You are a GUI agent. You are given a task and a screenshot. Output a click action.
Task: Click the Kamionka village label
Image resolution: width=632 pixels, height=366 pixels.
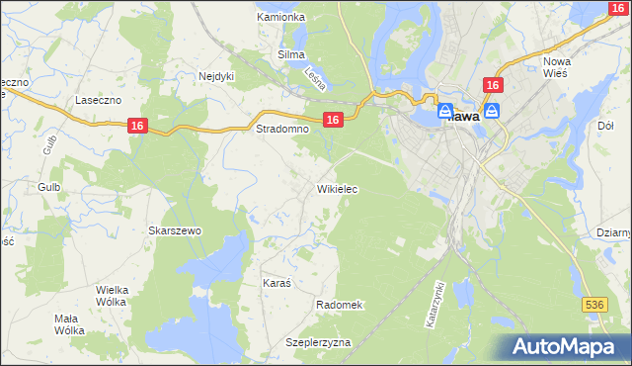click(280, 17)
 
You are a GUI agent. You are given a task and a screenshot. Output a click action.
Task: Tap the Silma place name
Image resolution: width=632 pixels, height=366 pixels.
click(290, 54)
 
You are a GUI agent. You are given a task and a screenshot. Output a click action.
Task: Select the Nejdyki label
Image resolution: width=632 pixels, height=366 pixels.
click(216, 75)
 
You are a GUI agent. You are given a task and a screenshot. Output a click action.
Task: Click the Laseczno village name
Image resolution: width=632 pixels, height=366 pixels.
click(98, 100)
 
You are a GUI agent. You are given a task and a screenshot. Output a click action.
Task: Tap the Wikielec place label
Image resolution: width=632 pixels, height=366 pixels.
click(337, 188)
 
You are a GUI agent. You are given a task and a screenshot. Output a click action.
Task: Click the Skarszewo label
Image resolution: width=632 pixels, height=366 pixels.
click(175, 230)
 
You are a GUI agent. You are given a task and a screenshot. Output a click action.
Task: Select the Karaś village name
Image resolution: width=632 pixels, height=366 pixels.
click(276, 283)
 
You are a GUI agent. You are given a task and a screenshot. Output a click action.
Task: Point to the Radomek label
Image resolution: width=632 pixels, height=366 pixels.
click(341, 305)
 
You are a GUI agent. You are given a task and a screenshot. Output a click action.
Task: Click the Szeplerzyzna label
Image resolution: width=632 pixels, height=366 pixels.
click(318, 342)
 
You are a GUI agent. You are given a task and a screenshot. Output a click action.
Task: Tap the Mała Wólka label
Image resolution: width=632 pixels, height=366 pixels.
click(70, 323)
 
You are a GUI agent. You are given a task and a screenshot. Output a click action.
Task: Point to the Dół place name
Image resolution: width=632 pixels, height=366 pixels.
click(606, 126)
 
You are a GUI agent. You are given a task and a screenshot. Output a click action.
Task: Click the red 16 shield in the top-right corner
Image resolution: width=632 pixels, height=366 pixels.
click(617, 8)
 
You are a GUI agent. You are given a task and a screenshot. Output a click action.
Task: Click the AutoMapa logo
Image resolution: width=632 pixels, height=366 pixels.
click(569, 346)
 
